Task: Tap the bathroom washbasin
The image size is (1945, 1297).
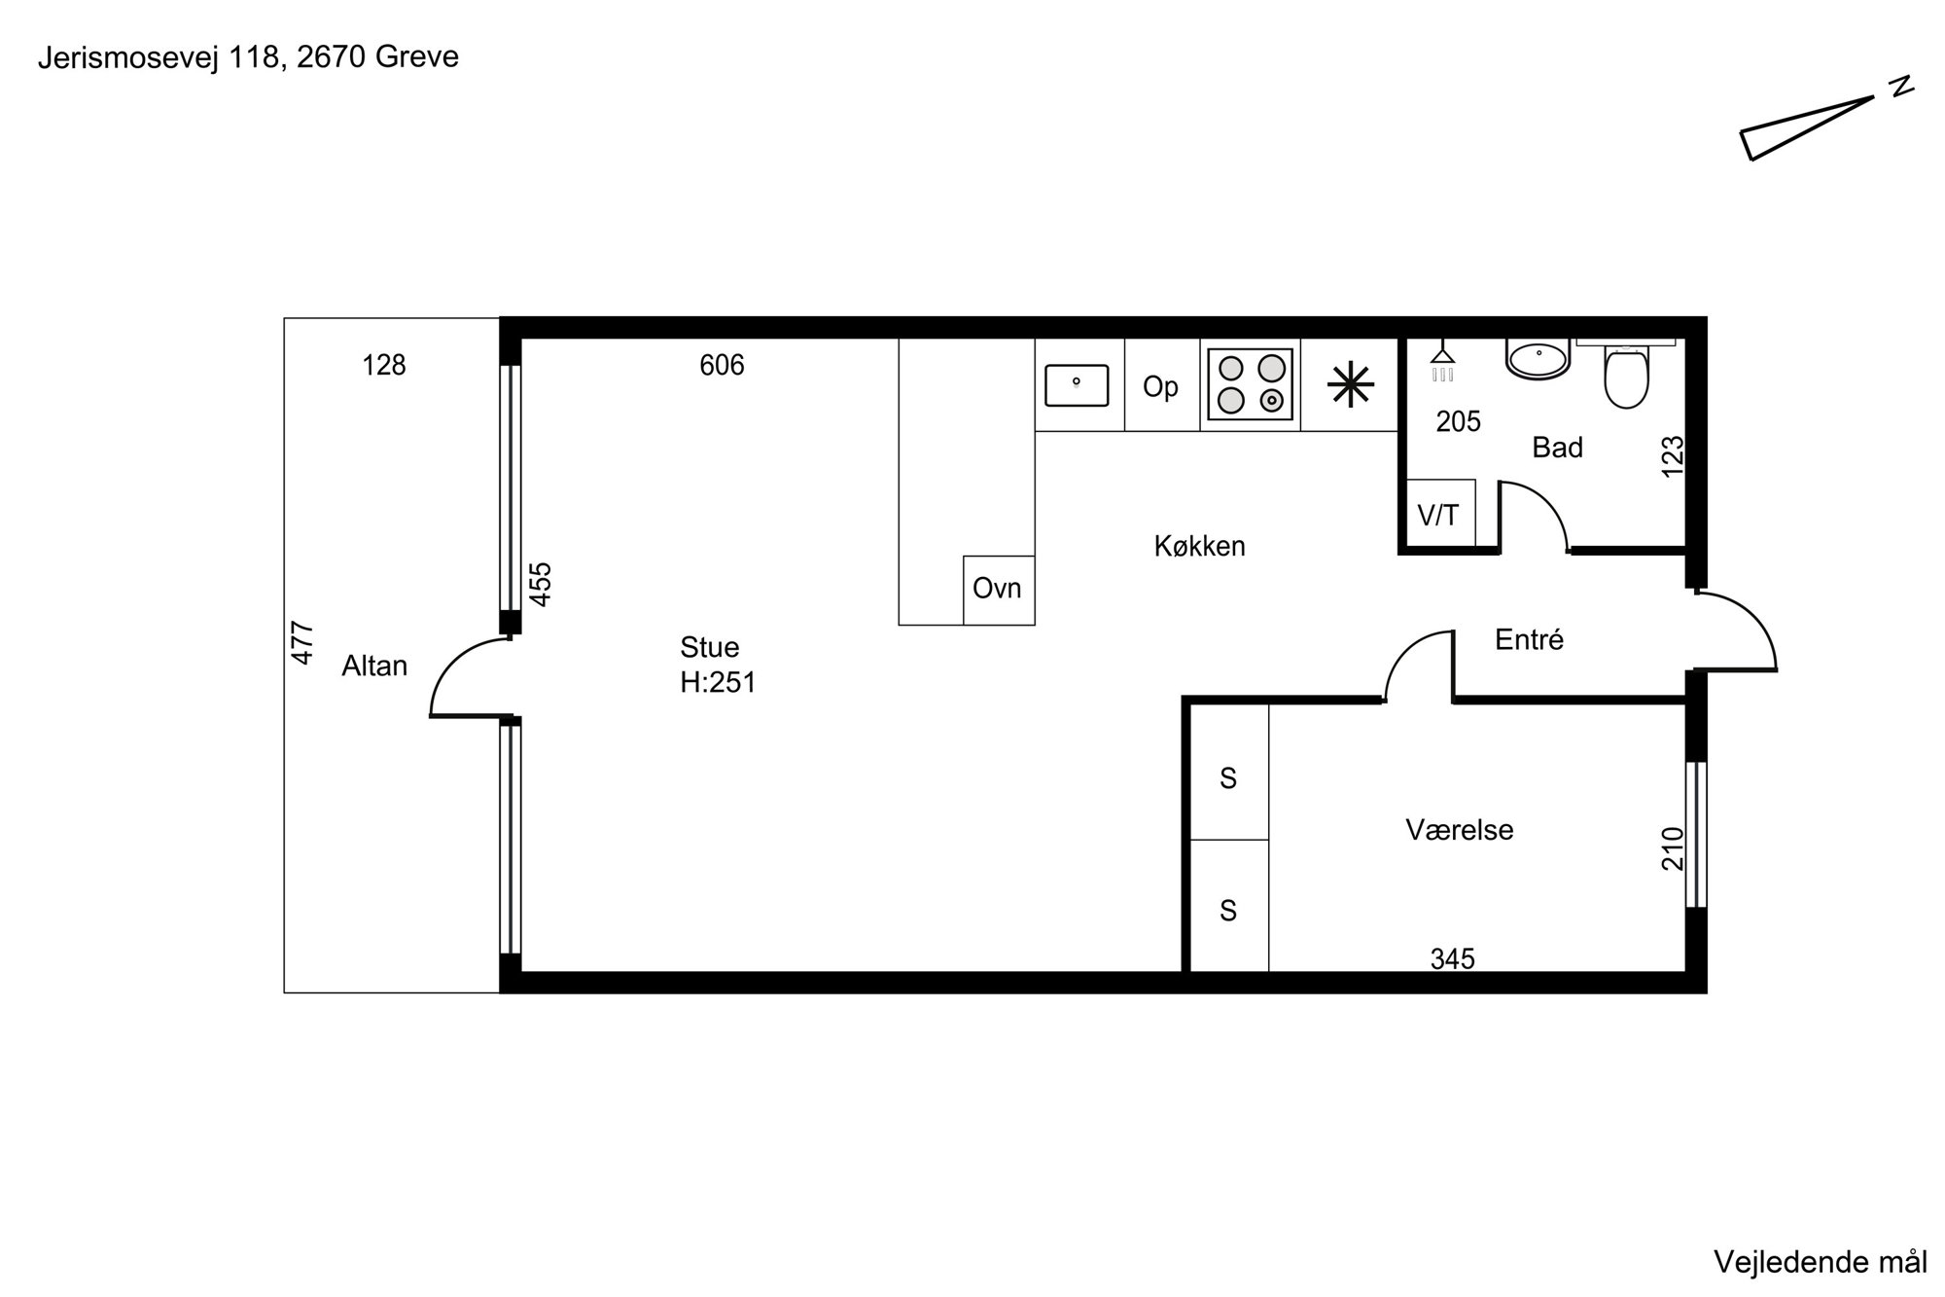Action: coord(1538,357)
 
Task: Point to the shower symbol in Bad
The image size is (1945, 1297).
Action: coord(1443,363)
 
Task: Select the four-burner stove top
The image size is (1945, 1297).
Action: coord(1251,385)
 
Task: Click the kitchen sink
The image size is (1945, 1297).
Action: coord(1077,385)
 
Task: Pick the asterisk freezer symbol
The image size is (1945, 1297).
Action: coord(1351,385)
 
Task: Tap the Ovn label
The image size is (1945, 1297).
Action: coord(997,588)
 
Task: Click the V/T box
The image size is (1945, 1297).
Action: coord(1441,513)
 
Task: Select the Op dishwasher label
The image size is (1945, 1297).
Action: coord(1160,386)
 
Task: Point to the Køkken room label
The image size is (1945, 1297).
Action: coord(1199,546)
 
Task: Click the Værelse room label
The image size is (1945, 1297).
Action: coord(1460,830)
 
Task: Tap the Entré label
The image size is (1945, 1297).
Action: coord(1529,639)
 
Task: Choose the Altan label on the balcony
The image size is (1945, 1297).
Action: coord(374,666)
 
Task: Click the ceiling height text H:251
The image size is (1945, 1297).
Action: coord(718,683)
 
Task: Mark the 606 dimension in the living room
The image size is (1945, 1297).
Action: coord(722,365)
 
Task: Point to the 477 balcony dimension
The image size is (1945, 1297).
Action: coord(303,643)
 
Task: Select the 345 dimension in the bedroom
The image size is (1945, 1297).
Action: coord(1453,959)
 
